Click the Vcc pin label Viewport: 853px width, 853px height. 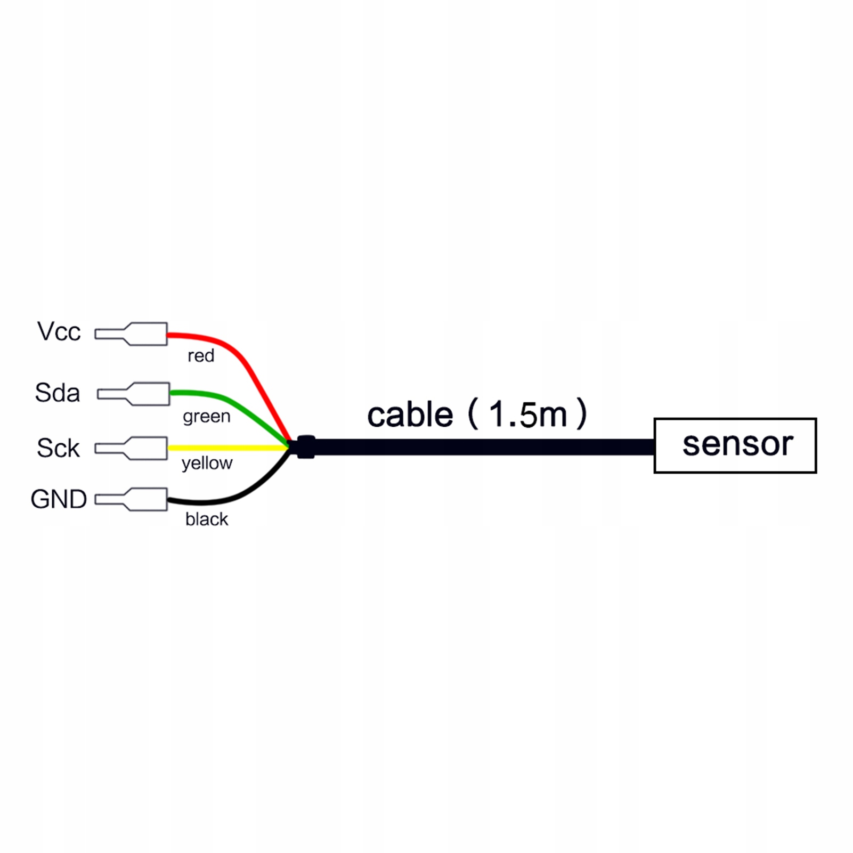(x=59, y=332)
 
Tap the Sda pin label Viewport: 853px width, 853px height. (x=57, y=393)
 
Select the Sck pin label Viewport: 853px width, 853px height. (x=58, y=448)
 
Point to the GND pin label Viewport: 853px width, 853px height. (x=59, y=500)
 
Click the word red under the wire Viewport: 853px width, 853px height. (x=201, y=356)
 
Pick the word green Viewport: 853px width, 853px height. (x=207, y=416)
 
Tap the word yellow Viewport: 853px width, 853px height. (x=207, y=463)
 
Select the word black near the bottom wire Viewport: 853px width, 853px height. (x=207, y=519)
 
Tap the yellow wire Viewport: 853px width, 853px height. (x=229, y=448)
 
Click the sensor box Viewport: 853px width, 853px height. (x=735, y=445)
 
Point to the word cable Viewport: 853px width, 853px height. (x=410, y=415)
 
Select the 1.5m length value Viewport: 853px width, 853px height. (x=527, y=414)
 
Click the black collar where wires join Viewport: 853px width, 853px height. (x=306, y=447)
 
